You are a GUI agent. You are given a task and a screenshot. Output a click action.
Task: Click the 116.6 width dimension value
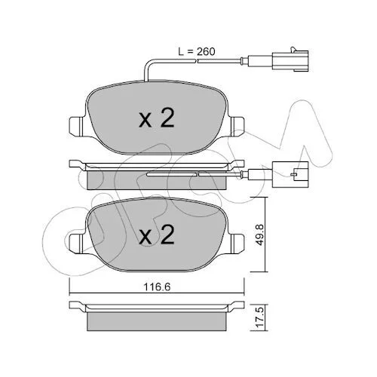(x=157, y=287)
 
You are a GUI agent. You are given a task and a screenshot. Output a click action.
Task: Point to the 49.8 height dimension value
(x=260, y=234)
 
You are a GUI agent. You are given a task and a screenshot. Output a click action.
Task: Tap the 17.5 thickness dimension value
(x=260, y=317)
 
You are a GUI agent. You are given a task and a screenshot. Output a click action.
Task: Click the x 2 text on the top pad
(x=157, y=118)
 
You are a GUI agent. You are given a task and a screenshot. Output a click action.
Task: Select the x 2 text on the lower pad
(x=157, y=234)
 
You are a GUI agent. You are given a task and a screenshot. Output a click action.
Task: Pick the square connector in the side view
(x=290, y=174)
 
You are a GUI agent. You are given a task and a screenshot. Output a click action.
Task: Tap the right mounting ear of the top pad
(x=236, y=127)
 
